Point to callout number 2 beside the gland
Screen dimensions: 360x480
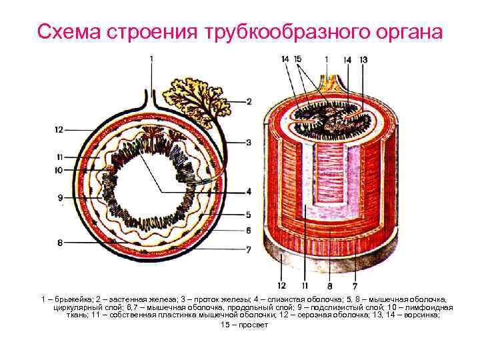tap(248, 102)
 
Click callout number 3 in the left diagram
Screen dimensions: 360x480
tap(248, 143)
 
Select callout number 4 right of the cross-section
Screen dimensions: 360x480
tap(248, 192)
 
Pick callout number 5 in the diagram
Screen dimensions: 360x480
tap(248, 215)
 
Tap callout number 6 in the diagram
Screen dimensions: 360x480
tap(248, 231)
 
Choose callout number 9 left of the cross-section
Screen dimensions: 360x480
tap(60, 198)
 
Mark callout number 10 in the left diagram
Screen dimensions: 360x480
tap(59, 171)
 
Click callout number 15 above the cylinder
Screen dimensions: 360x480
tap(298, 59)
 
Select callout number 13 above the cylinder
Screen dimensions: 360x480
tap(363, 59)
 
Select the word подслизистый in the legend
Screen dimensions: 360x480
tap(323, 309)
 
